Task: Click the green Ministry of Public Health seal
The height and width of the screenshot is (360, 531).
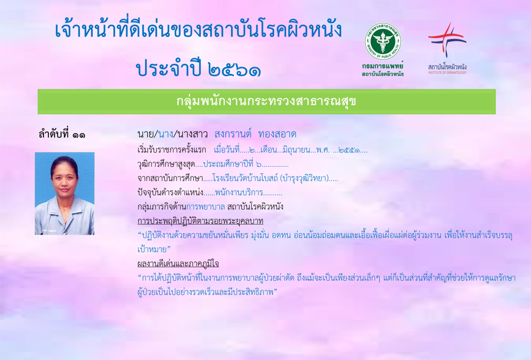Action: point(383,41)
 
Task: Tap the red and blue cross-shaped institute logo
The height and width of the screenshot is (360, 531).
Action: point(447,39)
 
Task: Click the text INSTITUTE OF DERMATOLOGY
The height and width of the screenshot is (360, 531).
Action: point(447,72)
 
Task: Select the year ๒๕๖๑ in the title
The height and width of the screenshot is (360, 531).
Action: point(234,70)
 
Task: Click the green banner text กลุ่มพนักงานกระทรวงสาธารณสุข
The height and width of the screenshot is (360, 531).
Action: point(266,101)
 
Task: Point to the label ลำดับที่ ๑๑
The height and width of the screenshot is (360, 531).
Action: point(62,134)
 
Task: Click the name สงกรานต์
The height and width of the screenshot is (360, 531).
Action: point(233,134)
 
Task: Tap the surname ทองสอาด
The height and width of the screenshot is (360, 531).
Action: point(277,134)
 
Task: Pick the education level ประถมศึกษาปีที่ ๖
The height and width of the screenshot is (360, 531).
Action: point(233,165)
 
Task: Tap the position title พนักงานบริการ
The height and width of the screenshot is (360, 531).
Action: point(239,193)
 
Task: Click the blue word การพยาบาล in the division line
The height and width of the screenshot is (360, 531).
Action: point(205,207)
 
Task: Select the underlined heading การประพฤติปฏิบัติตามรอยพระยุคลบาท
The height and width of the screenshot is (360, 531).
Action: point(200,221)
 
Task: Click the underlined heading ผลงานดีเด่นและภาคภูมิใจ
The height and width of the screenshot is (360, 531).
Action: point(178,263)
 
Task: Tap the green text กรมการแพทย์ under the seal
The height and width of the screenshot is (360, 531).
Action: point(383,66)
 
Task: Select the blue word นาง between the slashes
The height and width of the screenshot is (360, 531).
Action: point(166,134)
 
